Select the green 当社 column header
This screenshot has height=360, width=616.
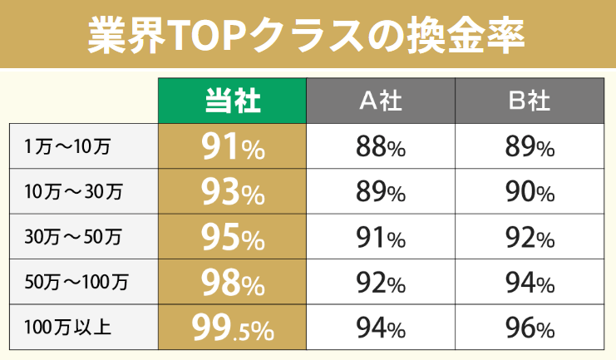(x=233, y=101)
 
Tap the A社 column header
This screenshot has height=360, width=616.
(x=381, y=101)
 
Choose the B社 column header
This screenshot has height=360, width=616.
(x=529, y=101)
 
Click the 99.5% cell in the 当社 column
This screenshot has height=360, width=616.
(x=233, y=328)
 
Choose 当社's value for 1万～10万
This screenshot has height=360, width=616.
(x=233, y=147)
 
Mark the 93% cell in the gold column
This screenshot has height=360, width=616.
(x=233, y=192)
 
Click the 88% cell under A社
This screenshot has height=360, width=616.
(x=381, y=147)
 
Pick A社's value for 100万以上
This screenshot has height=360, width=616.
(x=381, y=328)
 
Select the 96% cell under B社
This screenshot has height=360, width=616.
(x=529, y=328)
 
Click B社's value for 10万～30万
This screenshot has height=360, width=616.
(x=529, y=192)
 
